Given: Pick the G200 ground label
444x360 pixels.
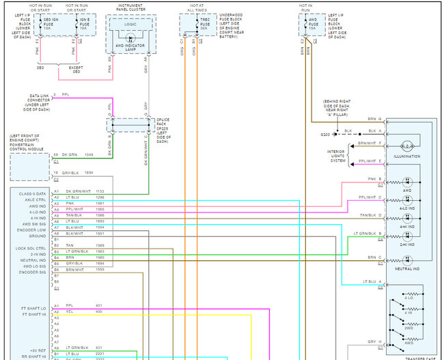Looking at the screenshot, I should coord(327,135).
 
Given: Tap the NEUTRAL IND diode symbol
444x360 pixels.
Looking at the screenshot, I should coord(407,260).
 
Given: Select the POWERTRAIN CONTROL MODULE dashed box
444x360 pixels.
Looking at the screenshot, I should coord(29,167).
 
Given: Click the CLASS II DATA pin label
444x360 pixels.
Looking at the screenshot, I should coord(33,194).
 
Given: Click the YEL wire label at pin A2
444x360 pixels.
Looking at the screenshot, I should coord(70,311).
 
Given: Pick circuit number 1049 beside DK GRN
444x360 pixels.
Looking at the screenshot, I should coord(89,154).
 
